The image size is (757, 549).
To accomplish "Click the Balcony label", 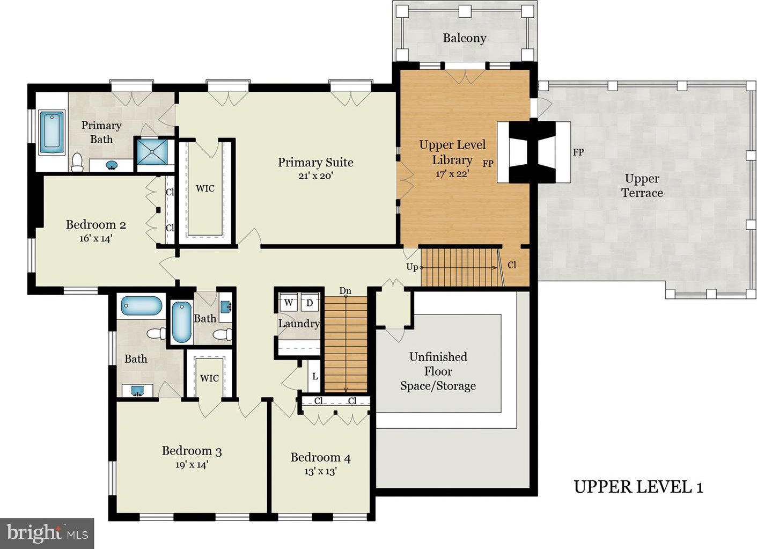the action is pyautogui.click(x=464, y=39).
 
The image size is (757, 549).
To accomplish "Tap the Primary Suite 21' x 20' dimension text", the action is pyautogui.click(x=315, y=176).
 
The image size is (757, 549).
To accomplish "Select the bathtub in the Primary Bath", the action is pyautogui.click(x=52, y=133).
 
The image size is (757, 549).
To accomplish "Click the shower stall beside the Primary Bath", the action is pyautogui.click(x=152, y=152).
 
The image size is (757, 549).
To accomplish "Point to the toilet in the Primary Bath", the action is pyautogui.click(x=77, y=162).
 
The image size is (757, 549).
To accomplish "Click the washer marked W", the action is pyautogui.click(x=288, y=303).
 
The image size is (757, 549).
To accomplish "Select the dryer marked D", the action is pyautogui.click(x=310, y=303).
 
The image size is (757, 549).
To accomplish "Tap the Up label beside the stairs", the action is pyautogui.click(x=412, y=267).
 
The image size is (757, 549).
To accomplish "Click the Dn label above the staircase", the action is pyautogui.click(x=345, y=291).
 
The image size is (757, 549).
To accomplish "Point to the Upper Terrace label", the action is pyautogui.click(x=642, y=186).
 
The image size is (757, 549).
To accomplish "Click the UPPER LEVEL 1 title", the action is pyautogui.click(x=638, y=487).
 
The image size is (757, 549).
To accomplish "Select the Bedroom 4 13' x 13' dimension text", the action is pyautogui.click(x=320, y=471).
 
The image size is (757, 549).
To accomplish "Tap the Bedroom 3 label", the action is pyautogui.click(x=192, y=451).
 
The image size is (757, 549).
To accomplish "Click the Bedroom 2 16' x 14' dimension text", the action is pyautogui.click(x=95, y=238).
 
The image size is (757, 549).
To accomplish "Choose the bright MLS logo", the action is pyautogui.click(x=47, y=533).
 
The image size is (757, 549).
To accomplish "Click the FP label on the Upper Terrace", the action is pyautogui.click(x=578, y=152).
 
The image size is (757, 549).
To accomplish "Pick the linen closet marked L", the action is pyautogui.click(x=314, y=376).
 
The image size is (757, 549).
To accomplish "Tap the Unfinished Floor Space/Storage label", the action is pyautogui.click(x=438, y=371).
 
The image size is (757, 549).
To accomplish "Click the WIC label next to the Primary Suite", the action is pyautogui.click(x=205, y=188).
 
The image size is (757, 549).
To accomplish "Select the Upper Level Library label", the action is pyautogui.click(x=452, y=152).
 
